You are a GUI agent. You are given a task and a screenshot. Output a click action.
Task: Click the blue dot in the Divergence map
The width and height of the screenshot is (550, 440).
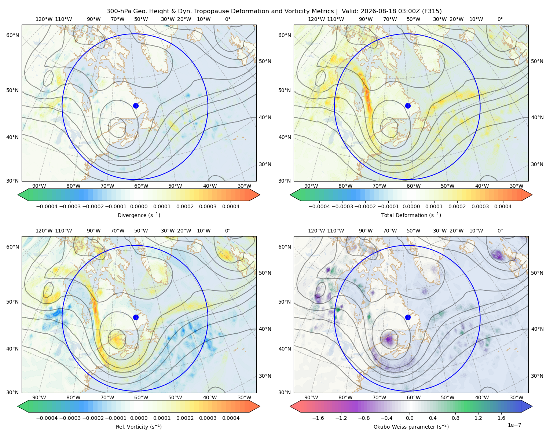pyautogui.click(x=136, y=106)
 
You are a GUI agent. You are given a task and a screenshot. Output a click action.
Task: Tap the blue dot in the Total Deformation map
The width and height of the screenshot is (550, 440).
pyautogui.click(x=408, y=106)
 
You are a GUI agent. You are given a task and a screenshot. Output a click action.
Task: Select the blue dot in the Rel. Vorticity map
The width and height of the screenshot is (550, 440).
pyautogui.click(x=136, y=317)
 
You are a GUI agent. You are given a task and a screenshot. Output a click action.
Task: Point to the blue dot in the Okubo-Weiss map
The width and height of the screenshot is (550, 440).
pyautogui.click(x=408, y=317)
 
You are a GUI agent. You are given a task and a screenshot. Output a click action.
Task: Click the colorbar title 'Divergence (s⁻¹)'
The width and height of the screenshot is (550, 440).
pyautogui.click(x=139, y=215)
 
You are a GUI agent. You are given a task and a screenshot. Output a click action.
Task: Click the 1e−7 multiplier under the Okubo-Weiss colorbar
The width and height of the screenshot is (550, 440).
pyautogui.click(x=514, y=425)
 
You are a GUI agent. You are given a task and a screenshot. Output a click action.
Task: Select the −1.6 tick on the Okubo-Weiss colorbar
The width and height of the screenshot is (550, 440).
pyautogui.click(x=318, y=418)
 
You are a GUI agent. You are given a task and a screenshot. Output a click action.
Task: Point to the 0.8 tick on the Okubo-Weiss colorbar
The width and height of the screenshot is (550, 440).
pyautogui.click(x=455, y=418)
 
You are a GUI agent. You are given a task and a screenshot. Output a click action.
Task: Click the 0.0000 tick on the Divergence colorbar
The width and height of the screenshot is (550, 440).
pyautogui.click(x=139, y=206)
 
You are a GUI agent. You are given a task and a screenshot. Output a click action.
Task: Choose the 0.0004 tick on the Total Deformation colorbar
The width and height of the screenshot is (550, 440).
pyautogui.click(x=503, y=206)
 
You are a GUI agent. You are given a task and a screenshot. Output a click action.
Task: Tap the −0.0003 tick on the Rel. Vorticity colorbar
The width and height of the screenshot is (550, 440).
pyautogui.click(x=70, y=418)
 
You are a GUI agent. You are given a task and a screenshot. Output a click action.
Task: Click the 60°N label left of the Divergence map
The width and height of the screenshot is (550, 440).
pyautogui.click(x=12, y=35)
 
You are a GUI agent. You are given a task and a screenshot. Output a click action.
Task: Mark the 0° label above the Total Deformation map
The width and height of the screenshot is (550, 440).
pyautogui.click(x=500, y=19)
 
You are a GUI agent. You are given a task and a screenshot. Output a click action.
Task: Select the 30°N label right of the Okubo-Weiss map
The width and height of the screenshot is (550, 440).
pyautogui.click(x=537, y=375)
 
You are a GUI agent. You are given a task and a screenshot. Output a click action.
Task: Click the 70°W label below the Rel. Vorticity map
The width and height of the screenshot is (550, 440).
pyautogui.click(x=107, y=397)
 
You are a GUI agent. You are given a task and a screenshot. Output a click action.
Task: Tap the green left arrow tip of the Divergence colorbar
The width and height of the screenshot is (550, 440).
pyautogui.click(x=18, y=195)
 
